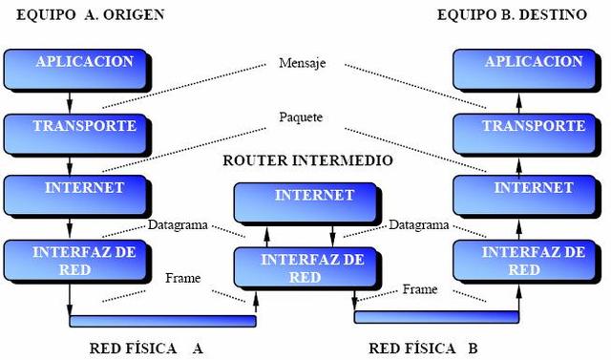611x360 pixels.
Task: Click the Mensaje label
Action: point(303,64)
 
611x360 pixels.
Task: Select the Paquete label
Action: point(301,117)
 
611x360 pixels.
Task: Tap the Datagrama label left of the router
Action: point(178,225)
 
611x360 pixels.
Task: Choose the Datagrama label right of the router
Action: point(419,225)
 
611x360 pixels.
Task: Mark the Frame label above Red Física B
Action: point(419,288)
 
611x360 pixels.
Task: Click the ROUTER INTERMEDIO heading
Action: point(306,159)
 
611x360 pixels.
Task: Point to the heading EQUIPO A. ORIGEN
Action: point(83,14)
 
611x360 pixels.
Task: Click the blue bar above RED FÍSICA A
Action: point(162,321)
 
